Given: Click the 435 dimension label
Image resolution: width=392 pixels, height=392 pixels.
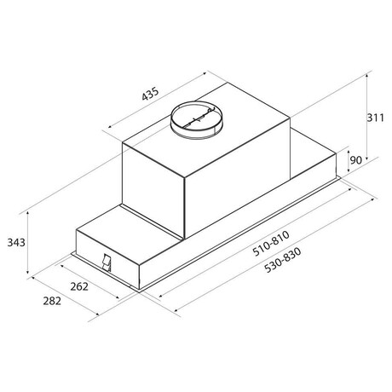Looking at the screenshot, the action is coord(150,94).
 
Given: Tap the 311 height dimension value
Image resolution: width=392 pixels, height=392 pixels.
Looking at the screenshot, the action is coord(375,118).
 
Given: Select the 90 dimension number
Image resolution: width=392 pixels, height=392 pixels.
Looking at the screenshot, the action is coord(355,160).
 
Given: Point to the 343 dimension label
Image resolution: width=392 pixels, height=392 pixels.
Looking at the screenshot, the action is coord(16,243).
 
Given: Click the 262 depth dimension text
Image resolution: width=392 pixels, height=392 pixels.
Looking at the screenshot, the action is coord(79,286).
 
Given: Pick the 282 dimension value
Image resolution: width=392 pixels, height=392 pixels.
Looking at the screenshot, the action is coord(52,301).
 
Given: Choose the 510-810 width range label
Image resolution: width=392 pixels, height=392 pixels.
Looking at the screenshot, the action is coord(271,244).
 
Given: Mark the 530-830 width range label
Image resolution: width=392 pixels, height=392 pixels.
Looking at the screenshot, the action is coord(283,260).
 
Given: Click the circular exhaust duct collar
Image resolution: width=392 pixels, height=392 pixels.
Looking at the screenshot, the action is coord(196,120).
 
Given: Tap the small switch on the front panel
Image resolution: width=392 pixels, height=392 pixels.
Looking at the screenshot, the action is coord(107,262).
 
